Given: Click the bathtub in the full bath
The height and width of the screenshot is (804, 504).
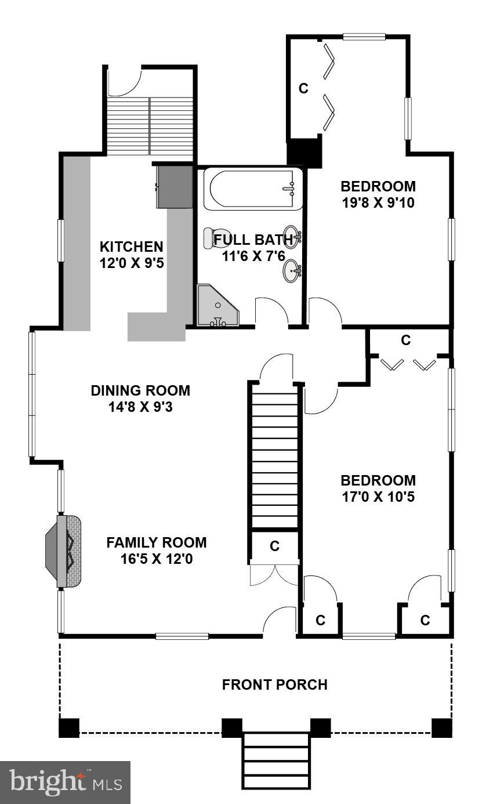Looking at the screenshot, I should tap(252, 189).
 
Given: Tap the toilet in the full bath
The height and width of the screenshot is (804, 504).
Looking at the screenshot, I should tap(210, 238).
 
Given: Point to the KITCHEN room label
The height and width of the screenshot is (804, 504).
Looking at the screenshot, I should tap(131, 246).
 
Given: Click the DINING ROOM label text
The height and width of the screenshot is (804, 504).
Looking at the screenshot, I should tap(140, 390).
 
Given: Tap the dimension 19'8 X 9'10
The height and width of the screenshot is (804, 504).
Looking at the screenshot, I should tap(378, 203).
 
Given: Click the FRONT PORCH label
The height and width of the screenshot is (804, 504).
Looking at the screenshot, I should tap(274, 685).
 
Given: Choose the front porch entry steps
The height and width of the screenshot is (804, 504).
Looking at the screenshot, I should tap(275, 760).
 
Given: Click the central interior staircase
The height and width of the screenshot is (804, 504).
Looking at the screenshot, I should tap(275, 455).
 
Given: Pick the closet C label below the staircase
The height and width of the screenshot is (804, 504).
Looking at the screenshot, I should tap(275, 546).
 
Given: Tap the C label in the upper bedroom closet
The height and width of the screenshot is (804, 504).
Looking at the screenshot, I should tap(303, 89).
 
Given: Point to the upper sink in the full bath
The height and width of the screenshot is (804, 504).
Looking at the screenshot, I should tap(292, 237).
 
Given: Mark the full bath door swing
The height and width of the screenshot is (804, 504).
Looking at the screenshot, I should tap(271, 312).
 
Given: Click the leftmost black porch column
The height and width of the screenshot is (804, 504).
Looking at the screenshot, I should tap(69, 727).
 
